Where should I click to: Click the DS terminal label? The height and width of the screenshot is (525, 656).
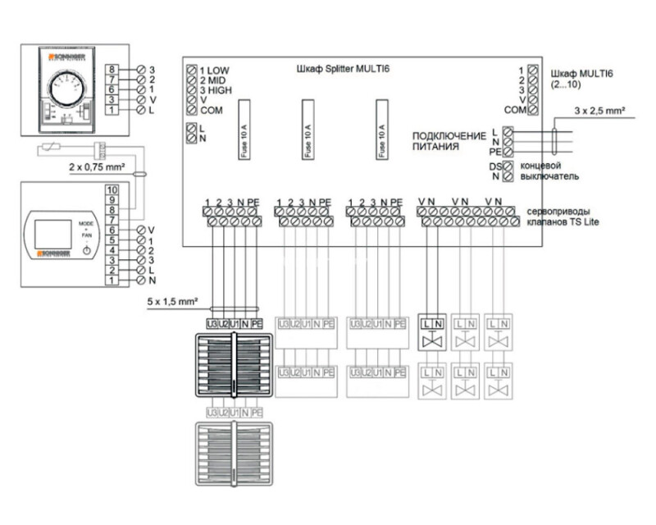pos(495,167)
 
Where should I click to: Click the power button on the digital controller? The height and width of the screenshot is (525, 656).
pos(86,249)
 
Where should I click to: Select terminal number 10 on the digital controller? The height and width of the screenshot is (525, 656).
pos(112,189)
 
